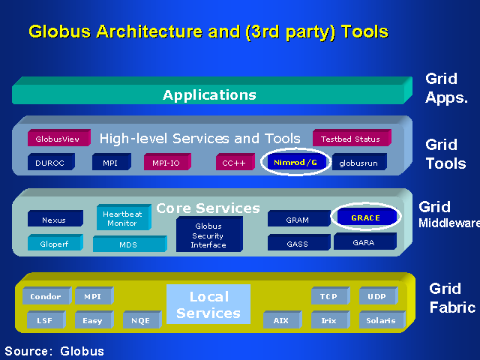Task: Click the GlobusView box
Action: pyautogui.click(x=58, y=139)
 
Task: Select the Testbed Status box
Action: pyautogui.click(x=350, y=139)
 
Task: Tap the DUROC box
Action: pyautogui.click(x=50, y=162)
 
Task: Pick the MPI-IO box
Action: pyautogui.click(x=166, y=162)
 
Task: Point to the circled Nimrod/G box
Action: pyautogui.click(x=295, y=161)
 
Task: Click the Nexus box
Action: pyautogui.click(x=54, y=220)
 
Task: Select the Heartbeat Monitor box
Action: pyautogui.click(x=122, y=218)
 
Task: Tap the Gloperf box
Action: pyautogui.click(x=54, y=244)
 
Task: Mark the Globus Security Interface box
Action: pyautogui.click(x=208, y=235)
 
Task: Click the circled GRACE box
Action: pyautogui.click(x=365, y=217)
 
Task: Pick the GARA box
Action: pyautogui.click(x=364, y=242)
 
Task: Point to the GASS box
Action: pyautogui.click(x=298, y=244)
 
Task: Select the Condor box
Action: pyautogui.click(x=45, y=297)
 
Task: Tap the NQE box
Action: pyautogui.click(x=140, y=321)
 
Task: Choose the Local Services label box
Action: pyautogui.click(x=208, y=304)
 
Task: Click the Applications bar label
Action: pyautogui.click(x=209, y=95)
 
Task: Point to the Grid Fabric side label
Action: pyautogui.click(x=451, y=298)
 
